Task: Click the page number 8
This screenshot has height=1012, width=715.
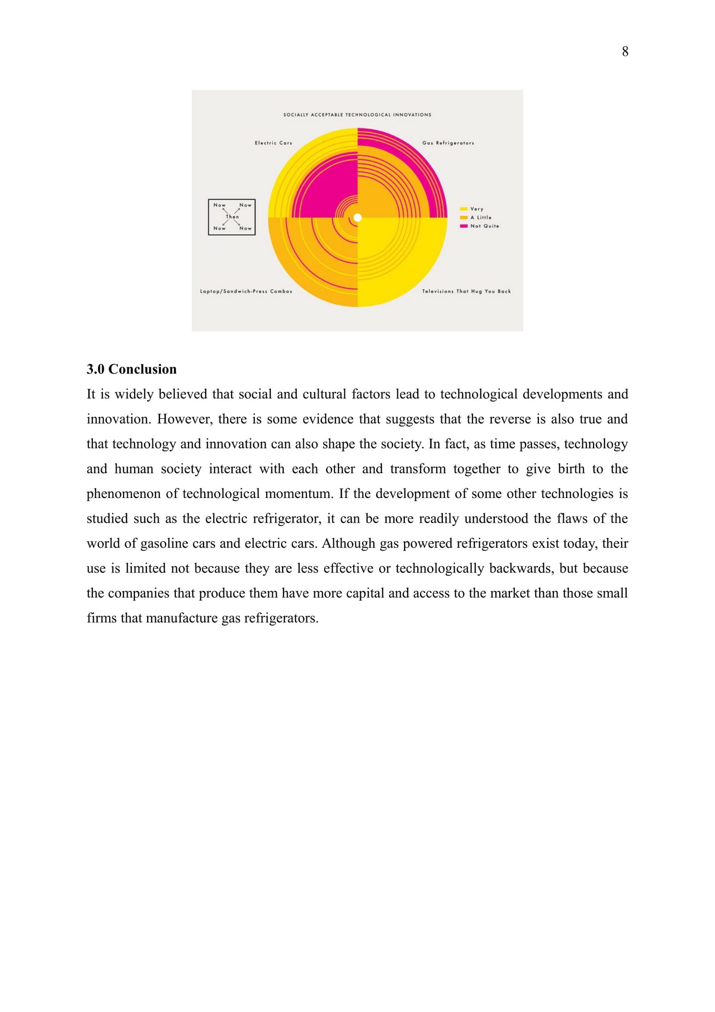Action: (x=625, y=52)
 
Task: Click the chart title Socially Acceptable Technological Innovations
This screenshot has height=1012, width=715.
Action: (x=357, y=115)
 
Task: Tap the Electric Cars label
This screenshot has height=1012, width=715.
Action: (x=273, y=143)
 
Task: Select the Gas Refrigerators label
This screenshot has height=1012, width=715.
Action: (x=448, y=143)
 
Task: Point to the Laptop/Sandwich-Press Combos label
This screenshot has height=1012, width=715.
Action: (x=246, y=291)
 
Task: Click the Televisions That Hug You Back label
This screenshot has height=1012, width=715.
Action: (x=466, y=291)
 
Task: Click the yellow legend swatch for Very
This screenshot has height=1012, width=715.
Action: (x=463, y=209)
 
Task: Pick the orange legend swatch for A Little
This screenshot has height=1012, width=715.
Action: (x=463, y=217)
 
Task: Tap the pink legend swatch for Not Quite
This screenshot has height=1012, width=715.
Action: (x=463, y=226)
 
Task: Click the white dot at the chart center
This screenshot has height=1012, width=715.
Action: (x=357, y=218)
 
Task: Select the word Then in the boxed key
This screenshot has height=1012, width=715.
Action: (x=232, y=217)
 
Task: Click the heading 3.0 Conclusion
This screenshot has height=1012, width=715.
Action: (x=131, y=369)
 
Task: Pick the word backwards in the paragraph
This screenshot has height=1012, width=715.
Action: (x=522, y=569)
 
